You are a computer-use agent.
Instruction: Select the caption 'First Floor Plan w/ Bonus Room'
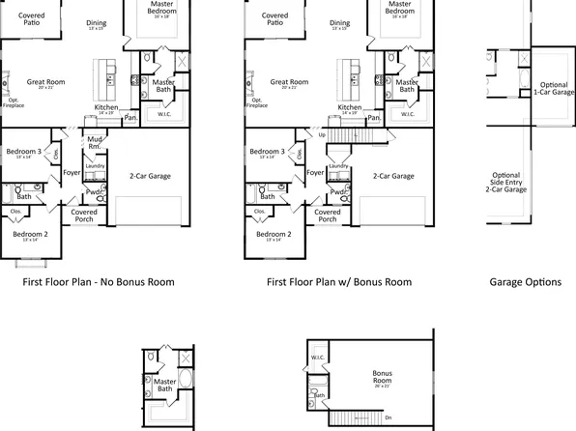click(x=338, y=282)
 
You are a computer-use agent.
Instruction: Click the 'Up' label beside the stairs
click(x=322, y=134)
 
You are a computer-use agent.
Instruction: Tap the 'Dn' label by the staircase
click(x=388, y=417)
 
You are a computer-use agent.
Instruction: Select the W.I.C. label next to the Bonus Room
click(x=318, y=359)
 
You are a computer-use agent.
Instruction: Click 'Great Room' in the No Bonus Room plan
click(x=45, y=83)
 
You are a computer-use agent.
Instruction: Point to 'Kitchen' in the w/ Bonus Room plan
click(x=353, y=106)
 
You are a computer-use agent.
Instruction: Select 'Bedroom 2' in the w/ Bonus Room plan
click(x=274, y=234)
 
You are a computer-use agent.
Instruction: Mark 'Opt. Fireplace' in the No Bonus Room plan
click(x=14, y=103)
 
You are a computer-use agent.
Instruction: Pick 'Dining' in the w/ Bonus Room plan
click(x=339, y=23)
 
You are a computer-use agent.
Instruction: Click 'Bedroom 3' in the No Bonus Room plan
click(x=24, y=152)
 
